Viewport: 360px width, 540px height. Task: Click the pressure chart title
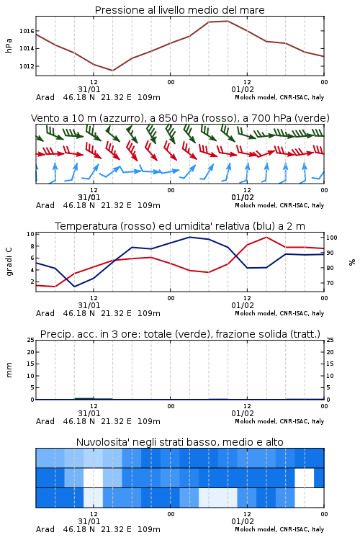(x=179, y=10)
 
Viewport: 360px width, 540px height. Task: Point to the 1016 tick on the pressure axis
(x=27, y=31)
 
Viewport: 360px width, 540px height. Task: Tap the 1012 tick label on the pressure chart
(x=27, y=66)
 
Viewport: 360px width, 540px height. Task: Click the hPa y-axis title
(x=9, y=45)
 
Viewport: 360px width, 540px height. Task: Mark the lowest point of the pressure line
(x=112, y=71)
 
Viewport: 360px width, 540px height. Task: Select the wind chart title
(x=180, y=118)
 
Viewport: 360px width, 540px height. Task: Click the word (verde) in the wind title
(x=312, y=118)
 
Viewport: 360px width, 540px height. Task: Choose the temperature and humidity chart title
(x=179, y=226)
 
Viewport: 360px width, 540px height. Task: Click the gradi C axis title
(x=9, y=262)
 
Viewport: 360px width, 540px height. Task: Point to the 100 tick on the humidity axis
(x=331, y=238)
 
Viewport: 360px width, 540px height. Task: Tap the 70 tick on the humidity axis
(x=330, y=283)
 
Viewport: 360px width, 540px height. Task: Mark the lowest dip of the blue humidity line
(x=74, y=287)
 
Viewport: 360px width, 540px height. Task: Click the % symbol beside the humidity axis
(x=352, y=262)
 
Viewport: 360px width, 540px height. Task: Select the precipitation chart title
(x=180, y=334)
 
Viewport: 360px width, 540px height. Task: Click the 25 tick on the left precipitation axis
(x=31, y=340)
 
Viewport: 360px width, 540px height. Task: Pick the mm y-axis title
(x=9, y=370)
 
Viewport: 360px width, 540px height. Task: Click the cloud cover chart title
(x=179, y=442)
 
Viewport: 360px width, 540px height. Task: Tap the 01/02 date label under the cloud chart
(x=243, y=521)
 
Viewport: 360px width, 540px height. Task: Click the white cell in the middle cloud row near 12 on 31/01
(x=93, y=477)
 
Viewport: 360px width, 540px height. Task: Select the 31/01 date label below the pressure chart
(x=89, y=89)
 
